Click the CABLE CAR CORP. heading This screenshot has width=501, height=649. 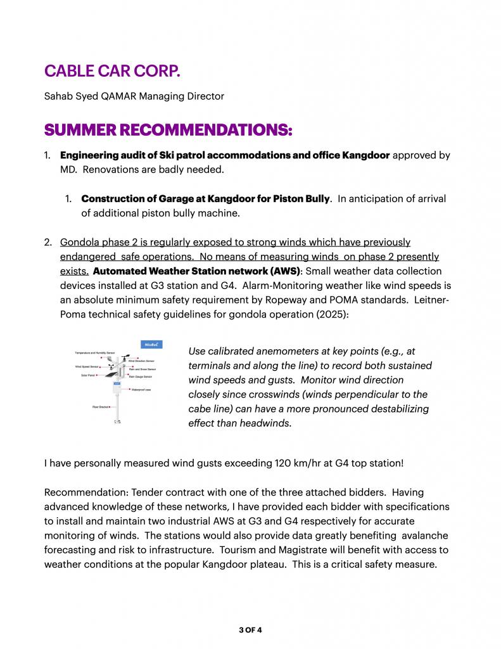112,71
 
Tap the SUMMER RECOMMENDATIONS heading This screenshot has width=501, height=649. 168,130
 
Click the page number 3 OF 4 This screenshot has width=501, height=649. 250,629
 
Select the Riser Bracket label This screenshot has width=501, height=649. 101,406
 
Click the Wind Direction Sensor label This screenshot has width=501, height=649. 142,361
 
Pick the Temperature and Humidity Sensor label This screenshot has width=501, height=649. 94,352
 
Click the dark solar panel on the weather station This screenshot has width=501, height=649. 112,375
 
